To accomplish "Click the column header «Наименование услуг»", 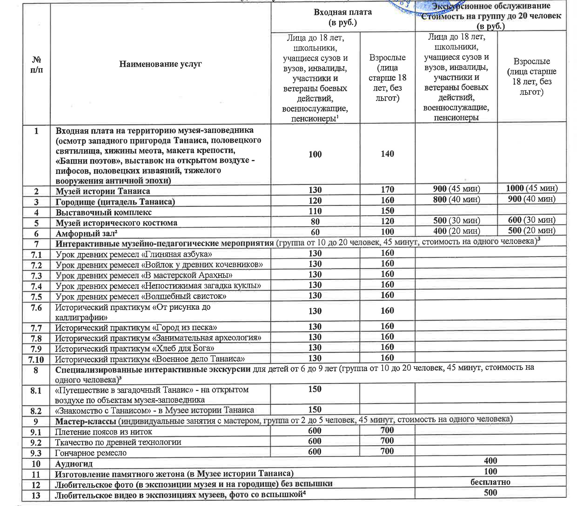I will pos(160,64).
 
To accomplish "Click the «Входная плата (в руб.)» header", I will pos(342,17).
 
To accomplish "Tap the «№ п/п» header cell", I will pos(37,64).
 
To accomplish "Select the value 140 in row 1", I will pos(387,154).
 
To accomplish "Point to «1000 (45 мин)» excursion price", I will pos(532,188).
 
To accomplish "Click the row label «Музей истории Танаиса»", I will pos(103,191).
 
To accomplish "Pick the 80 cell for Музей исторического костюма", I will pos(315,222).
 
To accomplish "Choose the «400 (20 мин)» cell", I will pos(456,231).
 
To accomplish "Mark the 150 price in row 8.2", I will pos(315,409).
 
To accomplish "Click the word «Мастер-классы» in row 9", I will pos(86,421).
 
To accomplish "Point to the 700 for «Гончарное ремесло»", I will pos(387,451).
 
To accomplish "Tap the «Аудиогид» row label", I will pos(74,464).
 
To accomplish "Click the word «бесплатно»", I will pos(490,482).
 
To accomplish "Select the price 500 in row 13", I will pos(490,493).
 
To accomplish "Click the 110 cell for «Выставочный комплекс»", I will pos(315,211).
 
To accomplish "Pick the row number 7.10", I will pos(36,360).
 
